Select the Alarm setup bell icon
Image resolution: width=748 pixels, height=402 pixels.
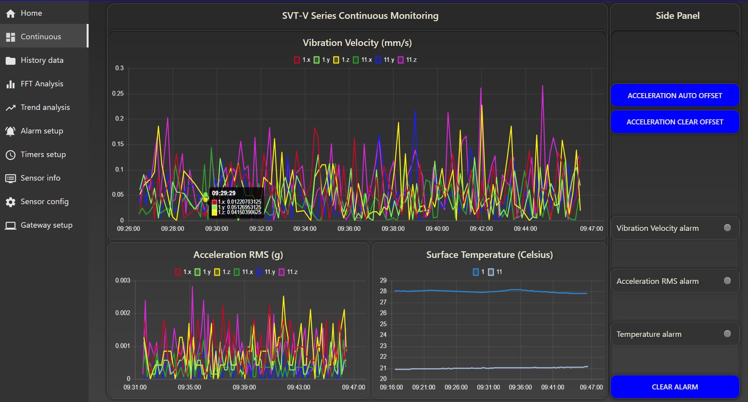[x=11, y=131]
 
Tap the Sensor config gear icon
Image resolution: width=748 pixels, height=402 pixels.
[x=11, y=202]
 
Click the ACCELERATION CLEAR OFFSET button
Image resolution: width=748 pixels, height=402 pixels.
[x=675, y=122]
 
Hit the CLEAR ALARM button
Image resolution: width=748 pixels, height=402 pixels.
[x=675, y=387]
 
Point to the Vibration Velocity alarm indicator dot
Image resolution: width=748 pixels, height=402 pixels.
[x=727, y=228]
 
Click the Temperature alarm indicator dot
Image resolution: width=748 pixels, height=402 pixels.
[x=727, y=334]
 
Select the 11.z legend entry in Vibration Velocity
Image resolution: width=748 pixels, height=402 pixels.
[x=407, y=60]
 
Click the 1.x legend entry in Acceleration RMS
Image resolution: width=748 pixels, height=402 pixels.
[x=183, y=272]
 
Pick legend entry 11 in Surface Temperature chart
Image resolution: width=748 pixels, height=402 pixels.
[x=495, y=272]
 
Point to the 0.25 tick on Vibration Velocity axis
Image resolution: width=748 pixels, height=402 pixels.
[x=118, y=93]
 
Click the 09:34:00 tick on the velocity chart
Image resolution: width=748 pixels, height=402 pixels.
[x=305, y=228]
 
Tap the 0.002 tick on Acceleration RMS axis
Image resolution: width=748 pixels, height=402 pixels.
[x=123, y=313]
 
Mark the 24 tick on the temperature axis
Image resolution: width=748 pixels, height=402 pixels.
[x=383, y=334]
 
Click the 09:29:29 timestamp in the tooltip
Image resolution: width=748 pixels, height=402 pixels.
[x=224, y=193]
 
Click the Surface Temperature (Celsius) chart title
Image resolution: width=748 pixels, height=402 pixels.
[x=490, y=255]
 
